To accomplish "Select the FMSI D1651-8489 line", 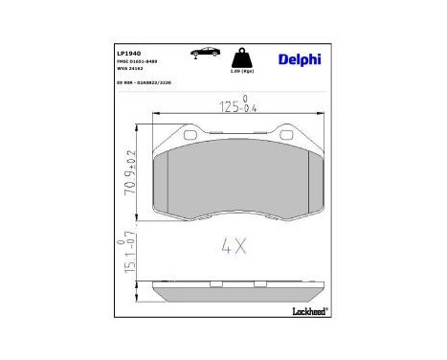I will click(141, 60).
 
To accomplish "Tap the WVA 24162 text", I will click(133, 69).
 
